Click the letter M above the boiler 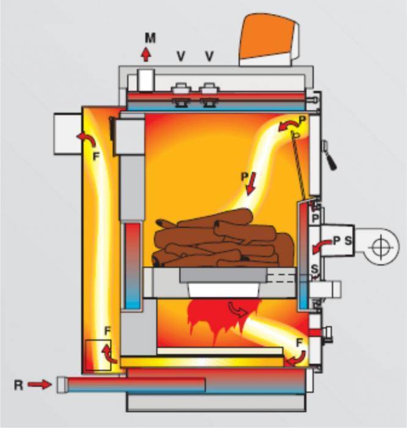pyautogui.click(x=150, y=38)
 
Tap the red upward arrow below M pyautogui.click(x=146, y=54)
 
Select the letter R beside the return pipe pyautogui.click(x=18, y=385)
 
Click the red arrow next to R pyautogui.click(x=40, y=385)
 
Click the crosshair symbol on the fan pyautogui.click(x=381, y=247)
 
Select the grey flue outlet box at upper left pyautogui.click(x=68, y=134)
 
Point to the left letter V pyautogui.click(x=181, y=56)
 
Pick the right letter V pyautogui.click(x=209, y=56)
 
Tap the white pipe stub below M pyautogui.click(x=146, y=79)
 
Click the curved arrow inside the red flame pyautogui.click(x=238, y=309)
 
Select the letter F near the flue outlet pyautogui.click(x=96, y=157)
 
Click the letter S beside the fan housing pyautogui.click(x=348, y=241)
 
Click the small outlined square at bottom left pyautogui.click(x=98, y=355)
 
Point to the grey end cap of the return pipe pyautogui.click(x=62, y=385)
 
